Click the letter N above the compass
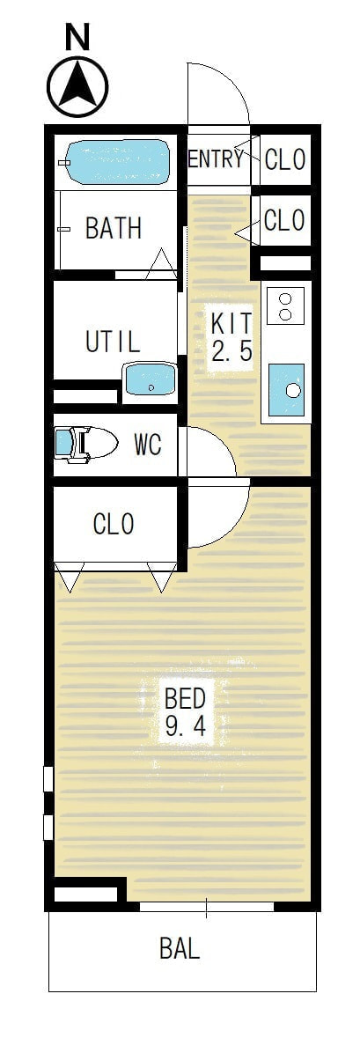[x=77, y=38]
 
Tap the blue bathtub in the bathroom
[x=118, y=162]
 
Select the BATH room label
[x=114, y=228]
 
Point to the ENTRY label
[x=216, y=158]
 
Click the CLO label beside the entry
[x=285, y=158]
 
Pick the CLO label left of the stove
[x=284, y=220]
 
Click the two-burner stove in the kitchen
[x=285, y=306]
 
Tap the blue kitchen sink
[x=287, y=390]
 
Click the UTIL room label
[x=113, y=342]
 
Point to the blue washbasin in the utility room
[x=150, y=380]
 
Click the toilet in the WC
[x=84, y=443]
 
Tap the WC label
[x=148, y=445]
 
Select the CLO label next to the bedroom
[x=114, y=525]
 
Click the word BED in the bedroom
[x=186, y=698]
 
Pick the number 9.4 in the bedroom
[x=186, y=727]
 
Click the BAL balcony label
[x=180, y=948]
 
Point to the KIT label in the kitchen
[x=231, y=323]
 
